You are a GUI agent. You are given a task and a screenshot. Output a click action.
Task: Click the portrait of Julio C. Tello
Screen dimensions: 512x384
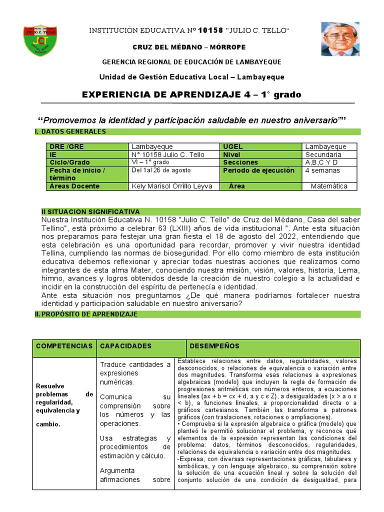(340, 38)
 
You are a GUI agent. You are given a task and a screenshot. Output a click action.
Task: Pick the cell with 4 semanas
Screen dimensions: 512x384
(322, 170)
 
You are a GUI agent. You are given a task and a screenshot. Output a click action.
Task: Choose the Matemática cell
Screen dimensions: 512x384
(328, 186)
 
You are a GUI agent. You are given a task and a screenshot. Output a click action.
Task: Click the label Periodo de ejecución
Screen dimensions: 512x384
(258, 170)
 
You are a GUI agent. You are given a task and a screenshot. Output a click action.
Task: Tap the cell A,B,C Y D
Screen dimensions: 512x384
(321, 162)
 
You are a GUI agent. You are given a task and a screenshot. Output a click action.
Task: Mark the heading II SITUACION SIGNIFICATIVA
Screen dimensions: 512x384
(90, 212)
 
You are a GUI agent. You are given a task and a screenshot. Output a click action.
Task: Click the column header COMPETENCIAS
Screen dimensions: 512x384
(64, 346)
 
